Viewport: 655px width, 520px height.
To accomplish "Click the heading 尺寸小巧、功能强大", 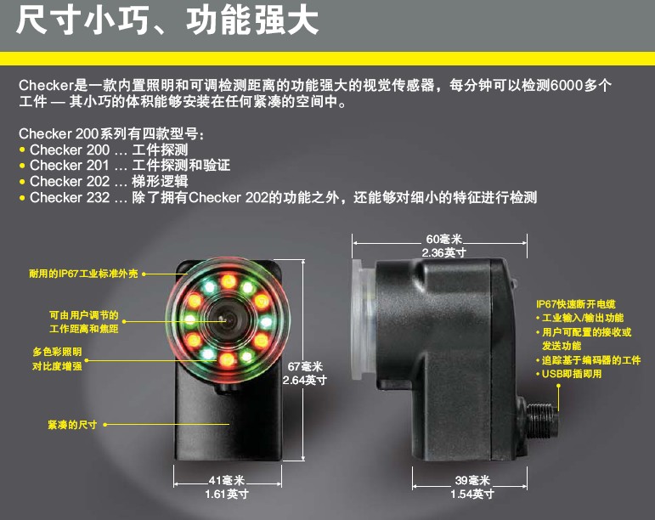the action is (167, 21).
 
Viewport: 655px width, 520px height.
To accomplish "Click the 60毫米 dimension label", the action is (443, 239).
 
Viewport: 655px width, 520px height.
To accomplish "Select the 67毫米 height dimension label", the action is (305, 367).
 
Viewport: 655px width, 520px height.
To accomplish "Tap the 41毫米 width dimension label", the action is (227, 480).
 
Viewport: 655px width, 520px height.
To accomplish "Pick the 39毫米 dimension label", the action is (472, 480).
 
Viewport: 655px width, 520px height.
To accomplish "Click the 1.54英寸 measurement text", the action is (472, 495).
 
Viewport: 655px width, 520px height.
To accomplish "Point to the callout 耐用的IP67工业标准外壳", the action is (83, 274).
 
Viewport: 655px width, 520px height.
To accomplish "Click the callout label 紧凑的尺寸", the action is (72, 425).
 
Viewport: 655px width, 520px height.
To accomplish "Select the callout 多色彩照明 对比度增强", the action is (57, 359).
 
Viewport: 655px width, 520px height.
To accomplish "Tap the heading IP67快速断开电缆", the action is (576, 304).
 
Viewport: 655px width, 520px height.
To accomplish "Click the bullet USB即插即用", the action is (569, 374).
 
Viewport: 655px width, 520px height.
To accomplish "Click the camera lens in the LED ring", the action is (227, 320).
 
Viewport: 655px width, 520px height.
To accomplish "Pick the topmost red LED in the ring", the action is (229, 280).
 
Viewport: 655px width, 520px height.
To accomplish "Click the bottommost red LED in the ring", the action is (227, 359).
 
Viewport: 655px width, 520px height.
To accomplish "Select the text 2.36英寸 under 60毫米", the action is (443, 252).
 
